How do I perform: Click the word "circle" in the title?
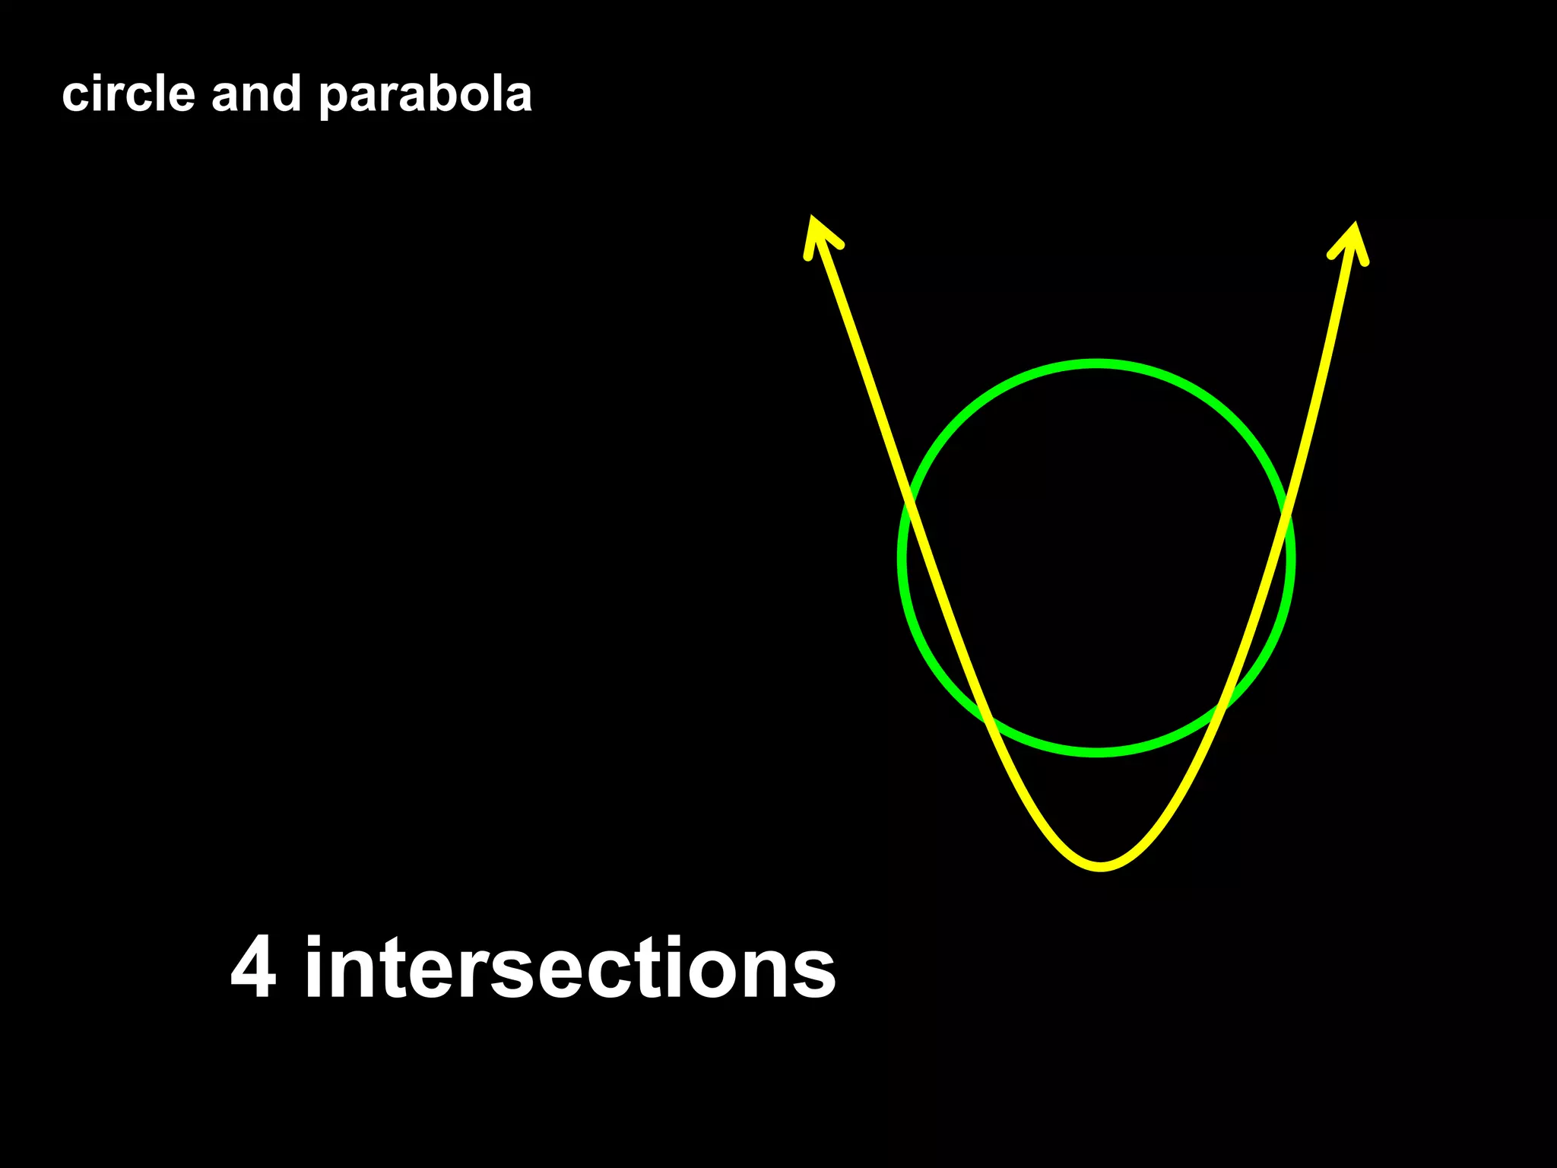[128, 94]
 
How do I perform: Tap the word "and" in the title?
[256, 94]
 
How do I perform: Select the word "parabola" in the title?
[425, 96]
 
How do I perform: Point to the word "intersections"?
[570, 967]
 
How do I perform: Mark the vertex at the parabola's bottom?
[1101, 866]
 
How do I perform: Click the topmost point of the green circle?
[1096, 364]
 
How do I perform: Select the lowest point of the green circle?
[1096, 753]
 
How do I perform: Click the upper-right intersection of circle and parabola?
[1286, 517]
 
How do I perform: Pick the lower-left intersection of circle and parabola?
[988, 719]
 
